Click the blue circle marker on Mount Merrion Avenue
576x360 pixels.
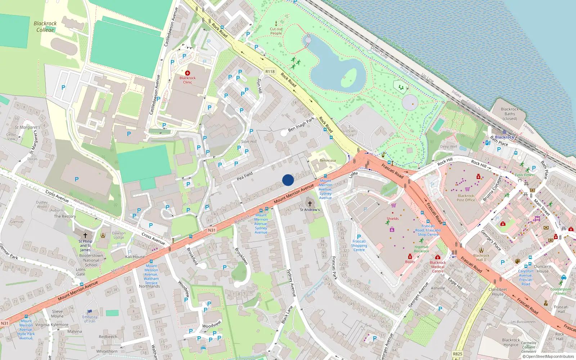288,180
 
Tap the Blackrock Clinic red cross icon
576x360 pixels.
187,73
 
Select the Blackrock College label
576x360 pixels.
45,27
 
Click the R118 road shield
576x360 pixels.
270,72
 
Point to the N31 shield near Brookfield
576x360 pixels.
212,230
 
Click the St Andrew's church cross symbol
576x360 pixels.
310,204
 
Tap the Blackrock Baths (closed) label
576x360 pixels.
510,114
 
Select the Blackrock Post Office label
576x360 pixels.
465,198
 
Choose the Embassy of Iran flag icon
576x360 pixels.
90,311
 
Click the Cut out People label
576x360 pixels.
276,31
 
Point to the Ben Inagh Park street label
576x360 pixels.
301,124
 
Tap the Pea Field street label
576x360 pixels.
245,176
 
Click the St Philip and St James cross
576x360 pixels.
85,235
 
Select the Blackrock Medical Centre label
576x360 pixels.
438,267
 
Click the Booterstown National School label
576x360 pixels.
91,260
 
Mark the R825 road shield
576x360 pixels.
458,354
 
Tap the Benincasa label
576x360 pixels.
328,161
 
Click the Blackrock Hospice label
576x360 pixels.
511,342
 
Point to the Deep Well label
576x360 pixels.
449,147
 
